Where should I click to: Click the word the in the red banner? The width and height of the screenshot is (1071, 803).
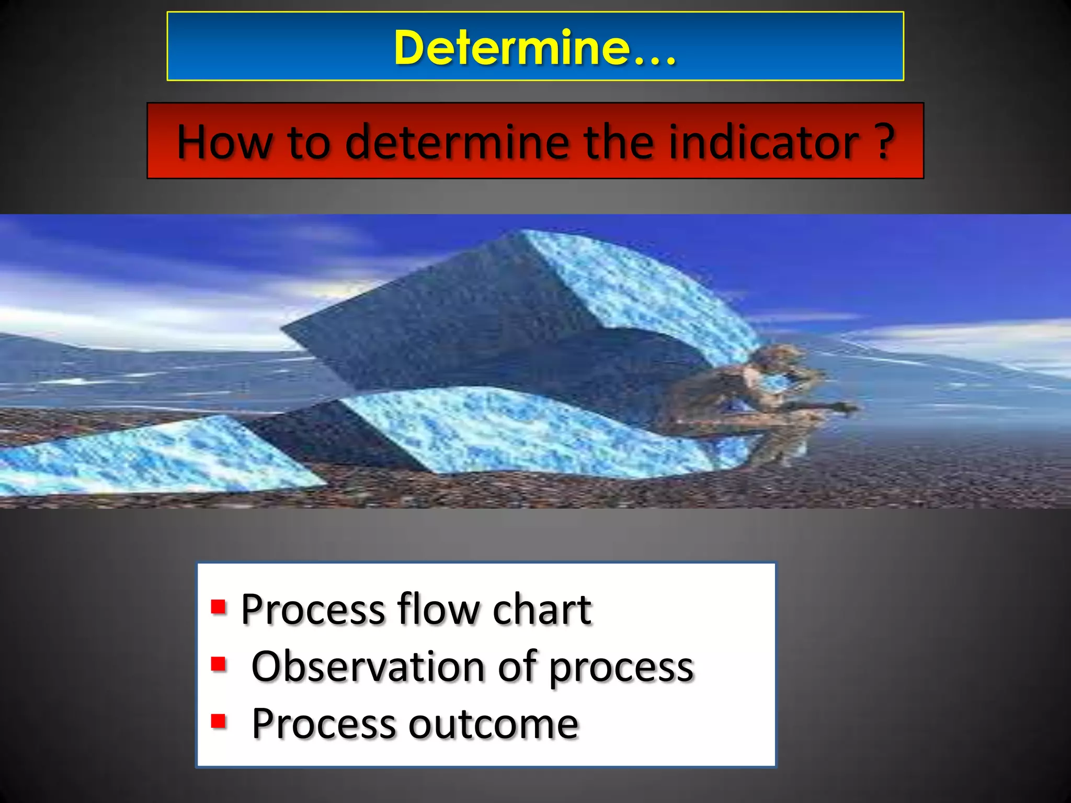[x=619, y=142]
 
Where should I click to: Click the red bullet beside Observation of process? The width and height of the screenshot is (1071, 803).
[x=218, y=664]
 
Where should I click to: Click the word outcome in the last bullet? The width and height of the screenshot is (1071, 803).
[x=493, y=724]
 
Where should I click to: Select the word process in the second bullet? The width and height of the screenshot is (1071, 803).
[x=621, y=669]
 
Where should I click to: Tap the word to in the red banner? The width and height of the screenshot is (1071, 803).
[x=309, y=143]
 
